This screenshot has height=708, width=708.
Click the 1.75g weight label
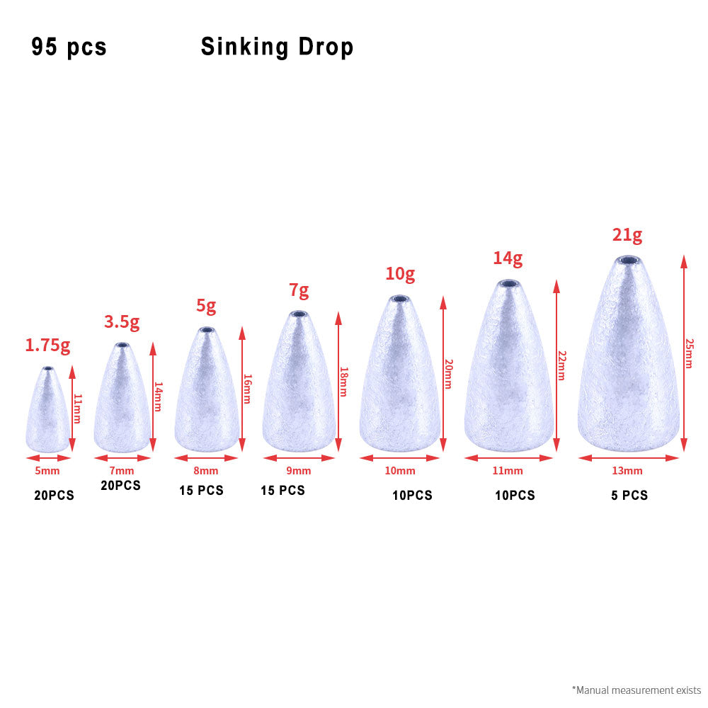47,346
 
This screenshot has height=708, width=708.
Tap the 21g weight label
627,235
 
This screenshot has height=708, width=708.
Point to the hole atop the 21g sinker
628,261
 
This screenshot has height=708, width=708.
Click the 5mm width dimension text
48,471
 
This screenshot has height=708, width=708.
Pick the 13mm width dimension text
628,471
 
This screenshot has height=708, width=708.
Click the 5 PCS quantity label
629,496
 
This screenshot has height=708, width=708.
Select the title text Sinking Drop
277,47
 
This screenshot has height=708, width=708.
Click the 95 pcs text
69,47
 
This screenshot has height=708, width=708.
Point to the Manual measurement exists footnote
636,690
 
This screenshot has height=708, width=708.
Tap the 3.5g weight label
122,322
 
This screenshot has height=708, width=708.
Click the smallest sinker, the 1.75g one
47,414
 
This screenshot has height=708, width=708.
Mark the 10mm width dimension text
400,471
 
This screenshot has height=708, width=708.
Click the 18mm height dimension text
343,382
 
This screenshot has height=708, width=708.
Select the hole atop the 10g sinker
400,299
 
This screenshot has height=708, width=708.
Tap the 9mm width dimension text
299,471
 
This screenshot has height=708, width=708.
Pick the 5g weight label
206,307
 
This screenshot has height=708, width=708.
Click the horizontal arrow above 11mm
508,458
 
